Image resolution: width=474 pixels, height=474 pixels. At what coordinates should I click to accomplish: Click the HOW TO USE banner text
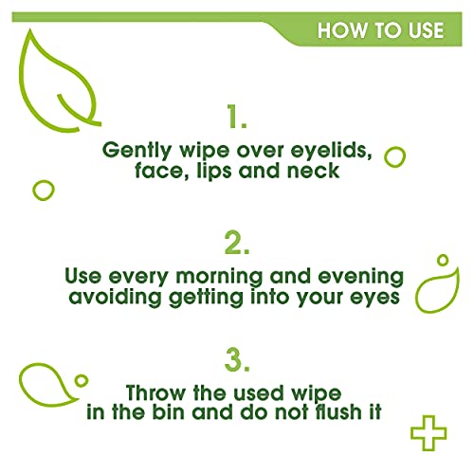[380, 29]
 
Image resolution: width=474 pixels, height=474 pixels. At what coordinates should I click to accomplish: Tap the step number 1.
[238, 118]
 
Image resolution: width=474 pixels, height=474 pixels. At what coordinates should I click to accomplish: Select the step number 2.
[237, 243]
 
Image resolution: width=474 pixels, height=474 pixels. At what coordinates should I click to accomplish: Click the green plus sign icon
[428, 433]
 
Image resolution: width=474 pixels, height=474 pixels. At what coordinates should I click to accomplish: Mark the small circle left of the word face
[43, 190]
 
